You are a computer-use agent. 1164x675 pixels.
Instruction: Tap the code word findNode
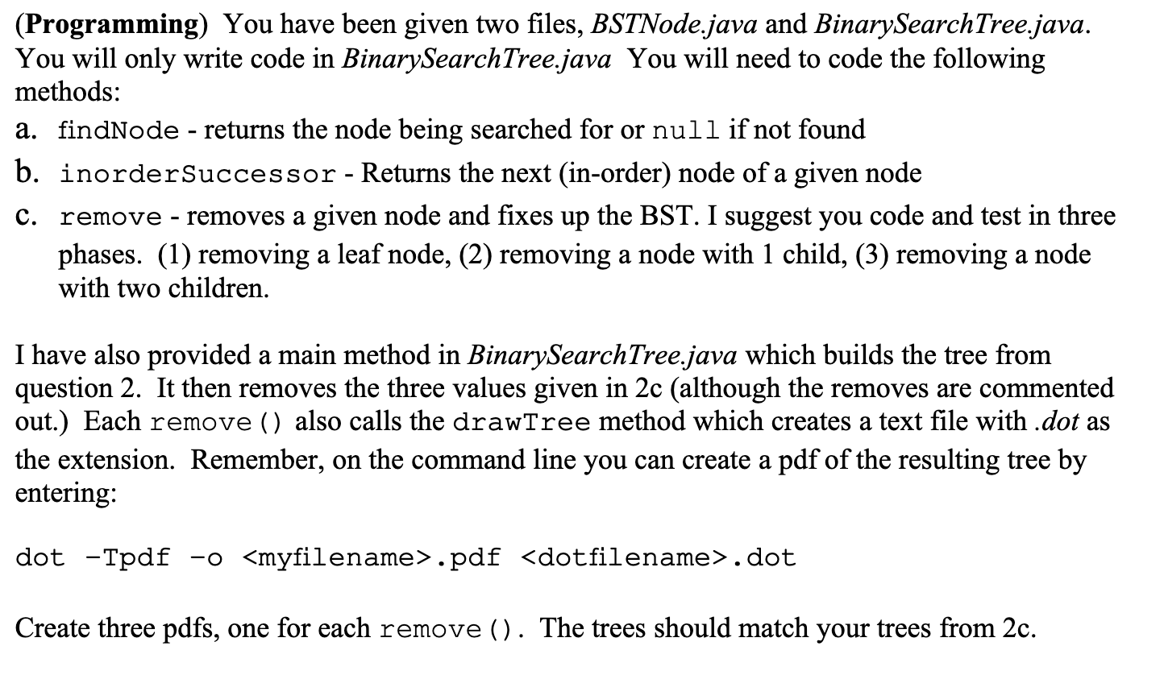(118, 130)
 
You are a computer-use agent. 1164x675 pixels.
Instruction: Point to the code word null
(685, 130)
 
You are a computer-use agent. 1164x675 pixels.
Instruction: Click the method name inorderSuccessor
(198, 173)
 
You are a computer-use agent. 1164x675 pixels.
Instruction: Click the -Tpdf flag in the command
(127, 557)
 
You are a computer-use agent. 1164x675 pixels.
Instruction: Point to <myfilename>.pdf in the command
(371, 557)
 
